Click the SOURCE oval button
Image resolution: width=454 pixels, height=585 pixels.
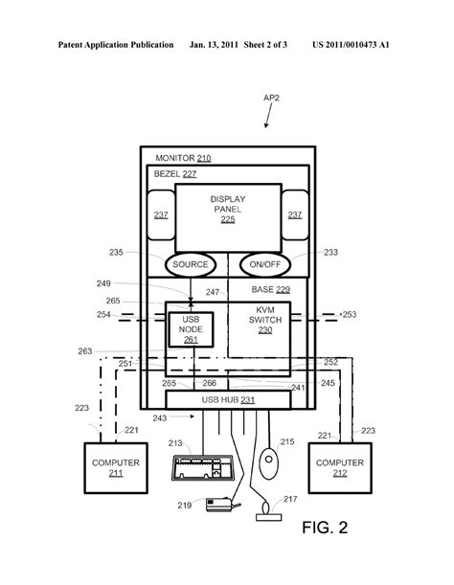191,264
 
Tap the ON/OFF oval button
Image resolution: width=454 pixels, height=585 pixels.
265,264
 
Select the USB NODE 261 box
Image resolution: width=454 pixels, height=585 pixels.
191,329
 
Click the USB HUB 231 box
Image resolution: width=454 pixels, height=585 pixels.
228,400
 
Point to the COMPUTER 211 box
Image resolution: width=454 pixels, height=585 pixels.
116,468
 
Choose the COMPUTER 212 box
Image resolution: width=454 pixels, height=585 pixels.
340,468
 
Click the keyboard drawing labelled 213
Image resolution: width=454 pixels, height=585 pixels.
202,468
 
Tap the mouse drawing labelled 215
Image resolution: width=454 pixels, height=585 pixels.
268,463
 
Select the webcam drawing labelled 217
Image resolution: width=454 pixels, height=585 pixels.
268,512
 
